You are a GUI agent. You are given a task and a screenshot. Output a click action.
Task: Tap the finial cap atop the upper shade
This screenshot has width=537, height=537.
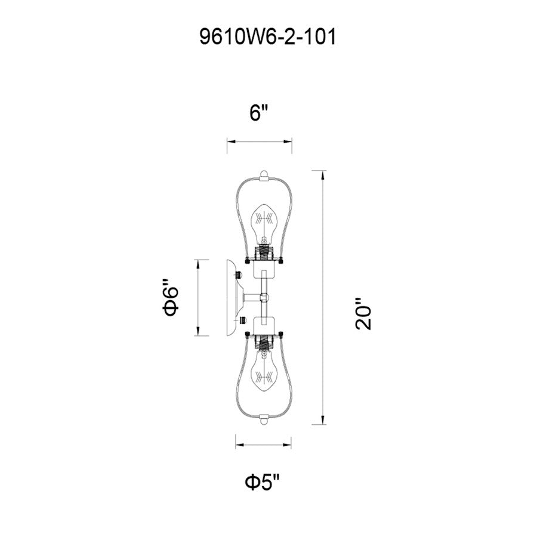tap(264, 175)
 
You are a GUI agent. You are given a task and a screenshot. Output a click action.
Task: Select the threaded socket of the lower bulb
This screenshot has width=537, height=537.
tap(263, 342)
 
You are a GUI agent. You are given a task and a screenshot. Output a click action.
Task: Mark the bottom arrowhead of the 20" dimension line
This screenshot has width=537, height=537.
tap(323, 421)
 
